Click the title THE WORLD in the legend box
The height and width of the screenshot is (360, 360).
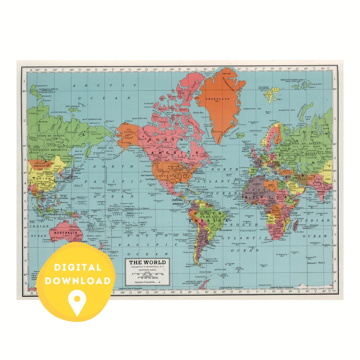coord(147,262)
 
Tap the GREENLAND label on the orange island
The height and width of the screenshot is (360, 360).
coord(217,99)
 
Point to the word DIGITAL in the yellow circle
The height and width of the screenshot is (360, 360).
coord(78,267)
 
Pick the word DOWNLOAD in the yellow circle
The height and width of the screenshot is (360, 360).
coord(78,281)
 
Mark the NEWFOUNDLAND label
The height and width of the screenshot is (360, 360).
coord(218,159)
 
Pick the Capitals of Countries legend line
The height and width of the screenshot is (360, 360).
coord(146,282)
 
